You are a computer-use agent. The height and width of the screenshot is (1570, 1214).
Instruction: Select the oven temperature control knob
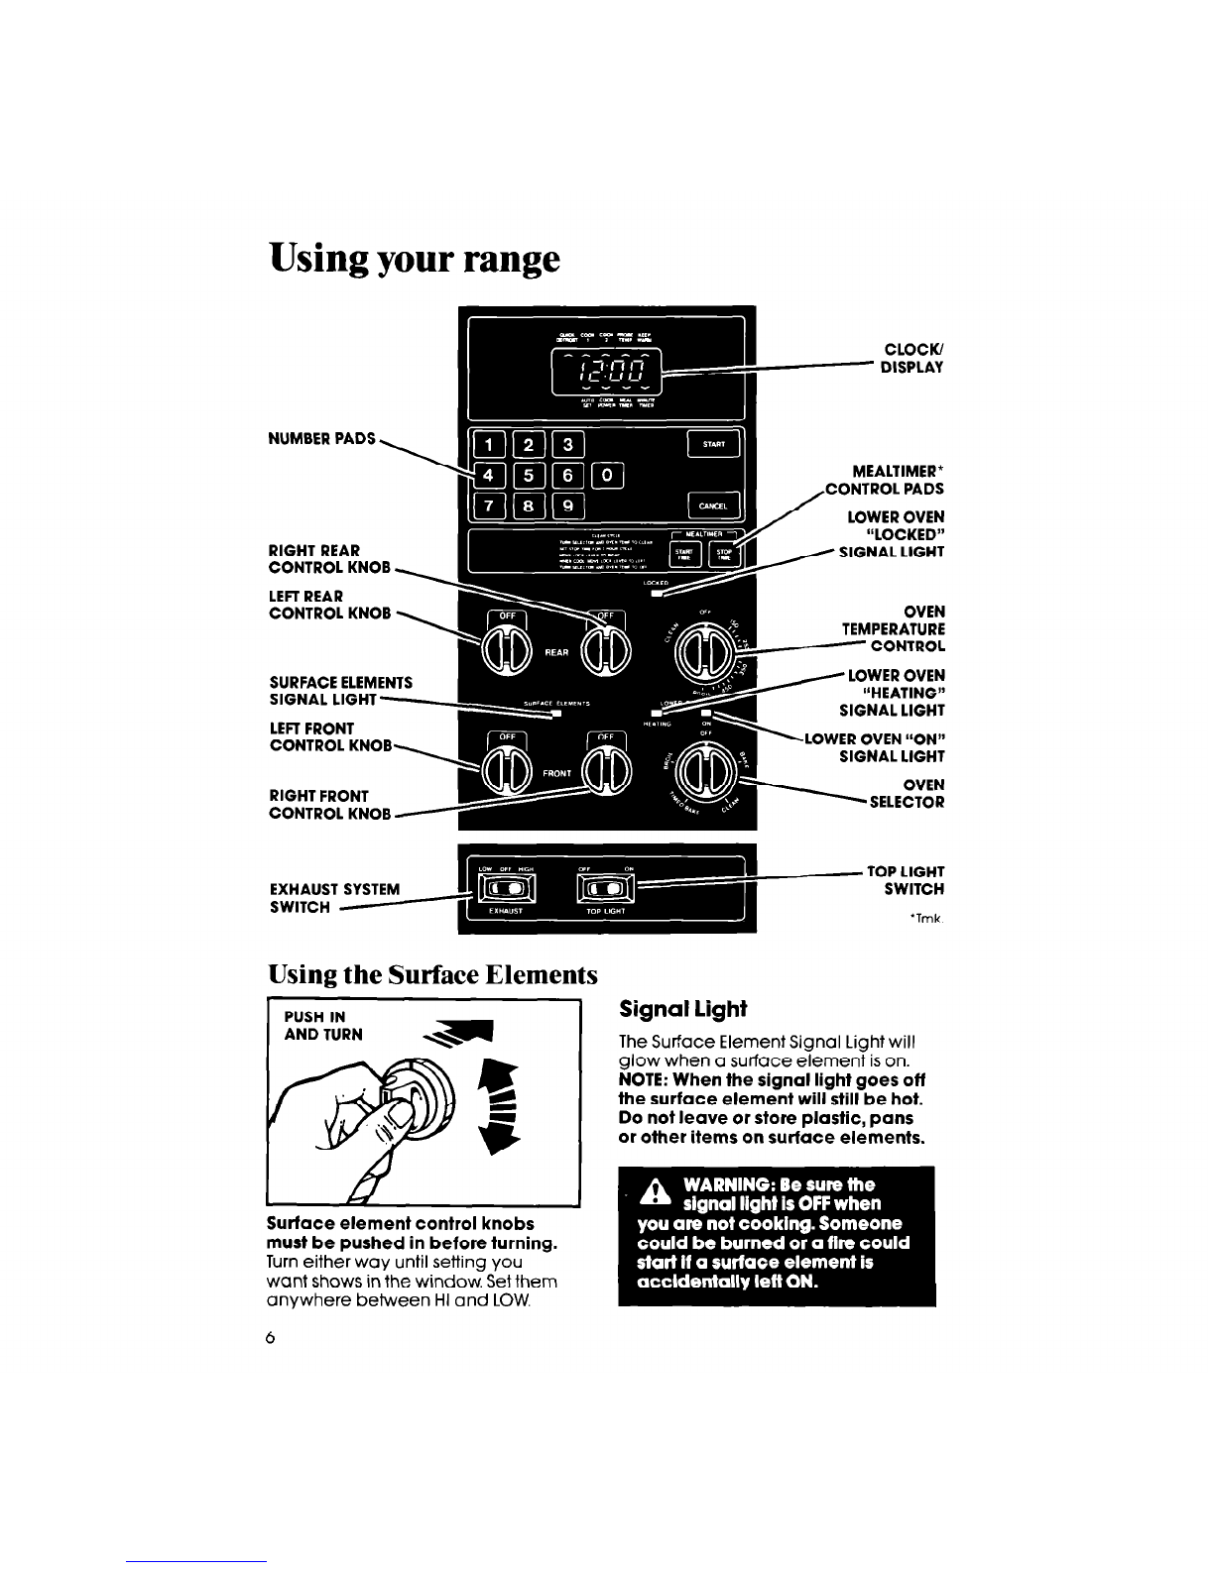pyautogui.click(x=701, y=651)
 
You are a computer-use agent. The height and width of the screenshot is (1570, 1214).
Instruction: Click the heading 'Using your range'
pyautogui.click(x=415, y=259)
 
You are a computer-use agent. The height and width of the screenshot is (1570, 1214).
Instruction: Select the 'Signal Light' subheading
pyautogui.click(x=681, y=1009)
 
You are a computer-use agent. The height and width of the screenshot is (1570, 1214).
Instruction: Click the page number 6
pyautogui.click(x=270, y=1337)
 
